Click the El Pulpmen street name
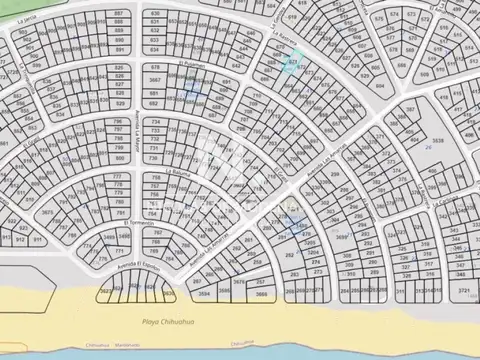[x=190, y=62]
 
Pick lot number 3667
[x=154, y=79]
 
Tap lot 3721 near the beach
[x=462, y=289]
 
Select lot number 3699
[x=341, y=237]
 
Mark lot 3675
[x=48, y=212]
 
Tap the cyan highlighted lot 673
[x=292, y=62]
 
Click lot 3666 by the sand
[x=261, y=296]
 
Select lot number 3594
[x=203, y=296]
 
